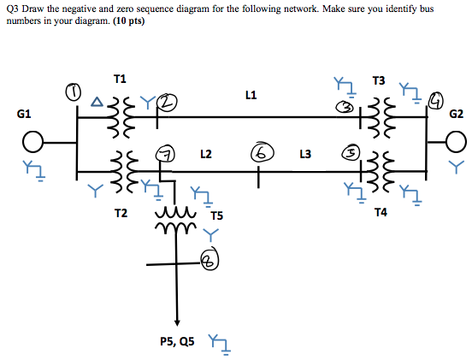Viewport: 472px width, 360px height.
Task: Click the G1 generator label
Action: pos(24,113)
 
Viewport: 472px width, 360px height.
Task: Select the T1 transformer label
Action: pos(120,79)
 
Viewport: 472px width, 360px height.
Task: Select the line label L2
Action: pos(206,155)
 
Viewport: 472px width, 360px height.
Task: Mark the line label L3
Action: pos(305,155)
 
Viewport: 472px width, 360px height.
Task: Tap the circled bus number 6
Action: pos(259,153)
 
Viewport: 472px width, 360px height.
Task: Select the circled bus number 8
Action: pos(210,258)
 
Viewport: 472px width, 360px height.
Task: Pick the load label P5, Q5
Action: pos(177,341)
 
